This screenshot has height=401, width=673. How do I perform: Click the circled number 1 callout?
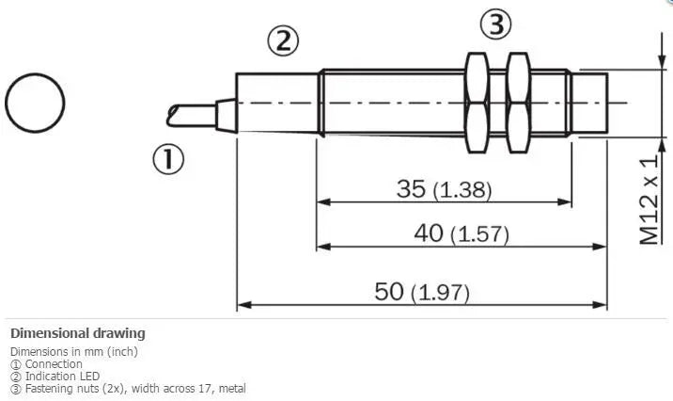(x=168, y=159)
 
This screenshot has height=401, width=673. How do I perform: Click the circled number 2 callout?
(x=283, y=41)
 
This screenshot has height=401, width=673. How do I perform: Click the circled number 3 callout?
(x=495, y=24)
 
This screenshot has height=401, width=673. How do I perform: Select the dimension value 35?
(x=411, y=188)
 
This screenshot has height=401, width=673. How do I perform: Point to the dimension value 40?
(x=429, y=233)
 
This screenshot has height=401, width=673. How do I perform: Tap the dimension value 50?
(x=389, y=292)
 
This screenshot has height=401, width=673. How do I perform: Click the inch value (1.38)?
(x=462, y=190)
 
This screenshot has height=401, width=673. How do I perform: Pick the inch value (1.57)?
(x=479, y=234)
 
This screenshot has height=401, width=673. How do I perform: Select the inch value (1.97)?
(x=440, y=293)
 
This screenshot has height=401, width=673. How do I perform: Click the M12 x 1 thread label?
(x=649, y=200)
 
